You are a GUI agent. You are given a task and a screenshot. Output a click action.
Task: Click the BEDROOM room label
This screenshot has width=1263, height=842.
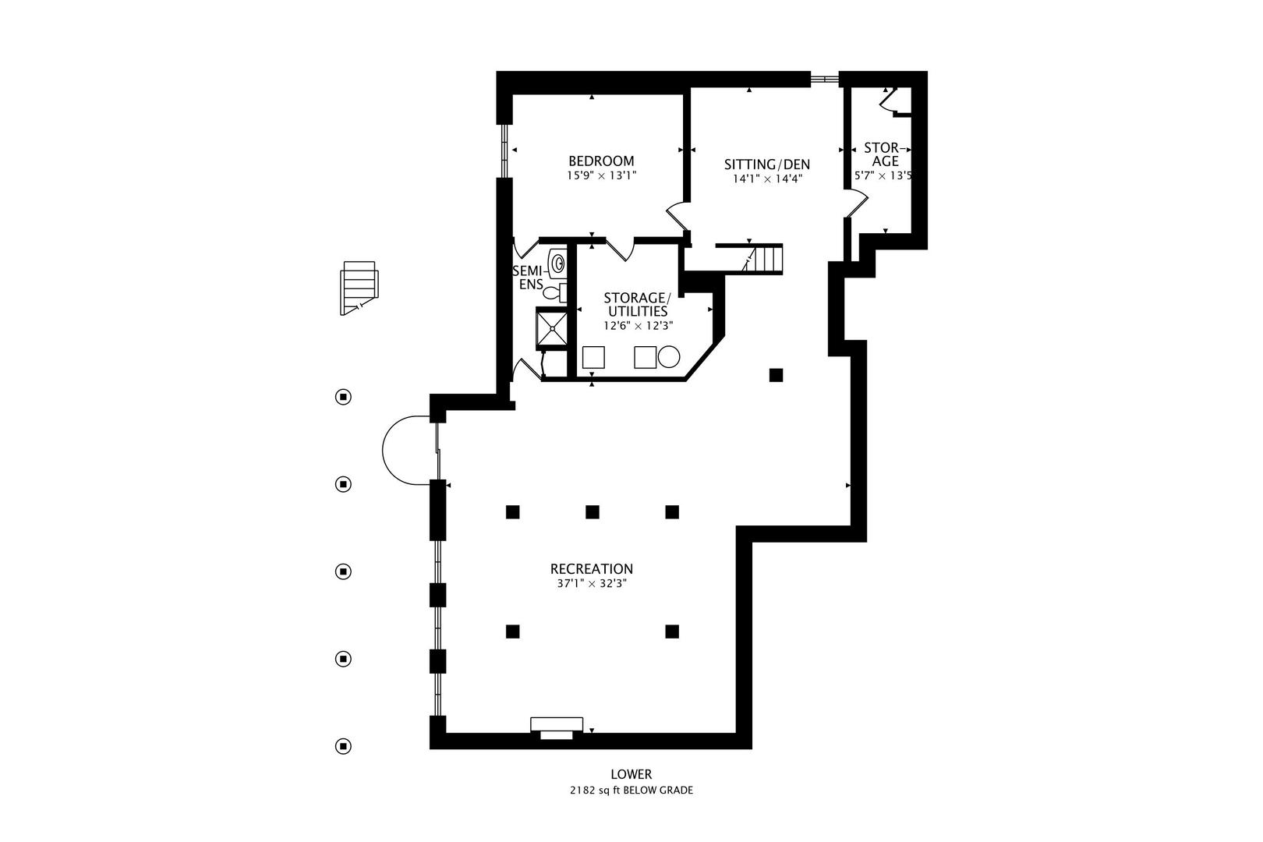600,161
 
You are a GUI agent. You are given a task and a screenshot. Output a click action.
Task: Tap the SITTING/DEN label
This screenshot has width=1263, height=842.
767,165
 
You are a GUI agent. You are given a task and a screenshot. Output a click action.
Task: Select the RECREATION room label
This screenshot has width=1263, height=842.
591,569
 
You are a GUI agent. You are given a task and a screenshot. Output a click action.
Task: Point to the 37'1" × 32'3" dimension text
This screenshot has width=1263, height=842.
591,583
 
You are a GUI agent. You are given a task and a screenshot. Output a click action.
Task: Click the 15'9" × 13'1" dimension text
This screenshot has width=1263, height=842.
601,175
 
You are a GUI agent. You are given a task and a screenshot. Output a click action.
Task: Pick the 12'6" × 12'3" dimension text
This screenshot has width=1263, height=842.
636,326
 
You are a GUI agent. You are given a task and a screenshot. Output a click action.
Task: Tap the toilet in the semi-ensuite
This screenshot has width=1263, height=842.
553,292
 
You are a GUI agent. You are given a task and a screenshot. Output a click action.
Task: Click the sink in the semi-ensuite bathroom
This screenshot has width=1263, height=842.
557,263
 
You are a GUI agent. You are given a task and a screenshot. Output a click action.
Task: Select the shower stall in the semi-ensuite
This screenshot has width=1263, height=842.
551,326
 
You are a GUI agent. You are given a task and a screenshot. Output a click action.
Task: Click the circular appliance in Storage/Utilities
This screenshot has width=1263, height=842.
669,357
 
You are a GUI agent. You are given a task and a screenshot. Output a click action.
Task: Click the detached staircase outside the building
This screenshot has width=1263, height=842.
359,287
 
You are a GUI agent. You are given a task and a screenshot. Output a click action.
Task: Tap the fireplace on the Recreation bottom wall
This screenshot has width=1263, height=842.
556,727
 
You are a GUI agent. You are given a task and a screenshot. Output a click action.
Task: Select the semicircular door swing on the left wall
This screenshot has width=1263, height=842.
406,450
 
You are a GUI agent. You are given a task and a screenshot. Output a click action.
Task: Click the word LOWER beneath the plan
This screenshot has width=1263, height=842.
631,774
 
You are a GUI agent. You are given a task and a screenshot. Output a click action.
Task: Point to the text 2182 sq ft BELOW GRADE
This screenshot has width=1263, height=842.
631,790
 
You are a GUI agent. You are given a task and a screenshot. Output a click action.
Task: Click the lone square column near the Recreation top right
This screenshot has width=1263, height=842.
776,375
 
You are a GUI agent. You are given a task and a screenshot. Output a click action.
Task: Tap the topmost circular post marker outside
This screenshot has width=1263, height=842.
343,397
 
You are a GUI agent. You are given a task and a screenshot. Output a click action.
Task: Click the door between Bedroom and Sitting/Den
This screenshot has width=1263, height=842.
677,216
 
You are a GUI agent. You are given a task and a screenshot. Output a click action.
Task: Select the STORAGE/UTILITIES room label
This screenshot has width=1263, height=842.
636,305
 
